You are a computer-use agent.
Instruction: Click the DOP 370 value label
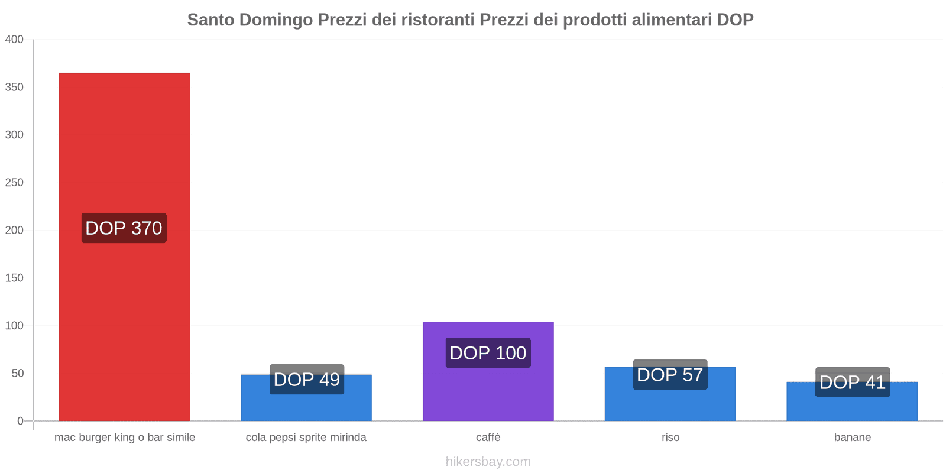(x=124, y=228)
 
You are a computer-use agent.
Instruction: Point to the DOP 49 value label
(x=307, y=380)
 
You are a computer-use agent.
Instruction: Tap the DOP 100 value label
(x=488, y=353)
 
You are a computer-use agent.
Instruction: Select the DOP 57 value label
(x=670, y=375)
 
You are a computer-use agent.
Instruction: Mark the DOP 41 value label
(x=853, y=383)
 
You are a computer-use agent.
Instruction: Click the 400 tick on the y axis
(x=14, y=40)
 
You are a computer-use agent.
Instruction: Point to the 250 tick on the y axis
(x=14, y=183)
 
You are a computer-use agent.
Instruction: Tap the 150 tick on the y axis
(x=14, y=278)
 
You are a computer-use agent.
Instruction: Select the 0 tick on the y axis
(x=20, y=421)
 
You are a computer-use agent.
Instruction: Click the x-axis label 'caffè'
(x=488, y=438)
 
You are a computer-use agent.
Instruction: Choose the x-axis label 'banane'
(x=853, y=438)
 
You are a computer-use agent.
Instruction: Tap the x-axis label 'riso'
(x=670, y=438)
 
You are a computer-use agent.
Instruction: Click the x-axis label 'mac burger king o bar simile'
(x=125, y=438)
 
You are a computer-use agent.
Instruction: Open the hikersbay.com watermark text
(x=488, y=462)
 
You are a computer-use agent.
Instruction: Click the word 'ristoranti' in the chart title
(x=438, y=20)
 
